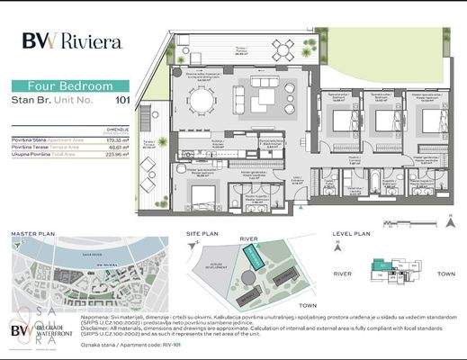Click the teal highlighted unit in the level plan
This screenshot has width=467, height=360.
[382, 265]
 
